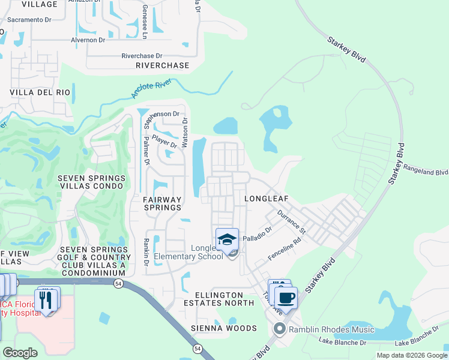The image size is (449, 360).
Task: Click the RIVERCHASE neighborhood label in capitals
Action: coord(162,65)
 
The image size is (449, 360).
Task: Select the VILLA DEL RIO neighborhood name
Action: coord(40,93)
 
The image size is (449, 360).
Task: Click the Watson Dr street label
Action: coord(185,128)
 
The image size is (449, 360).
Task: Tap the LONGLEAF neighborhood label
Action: coord(268,198)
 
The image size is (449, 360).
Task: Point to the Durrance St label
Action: coord(292,222)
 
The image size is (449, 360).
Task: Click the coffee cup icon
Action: coord(287,296)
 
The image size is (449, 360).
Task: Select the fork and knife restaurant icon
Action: coord(47,299)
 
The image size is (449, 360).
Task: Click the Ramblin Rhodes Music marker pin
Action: coord(279,329)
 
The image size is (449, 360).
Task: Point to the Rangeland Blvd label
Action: coord(427,172)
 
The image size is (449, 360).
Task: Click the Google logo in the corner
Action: coord(20,353)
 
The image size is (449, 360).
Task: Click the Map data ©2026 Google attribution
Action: coord(411,355)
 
